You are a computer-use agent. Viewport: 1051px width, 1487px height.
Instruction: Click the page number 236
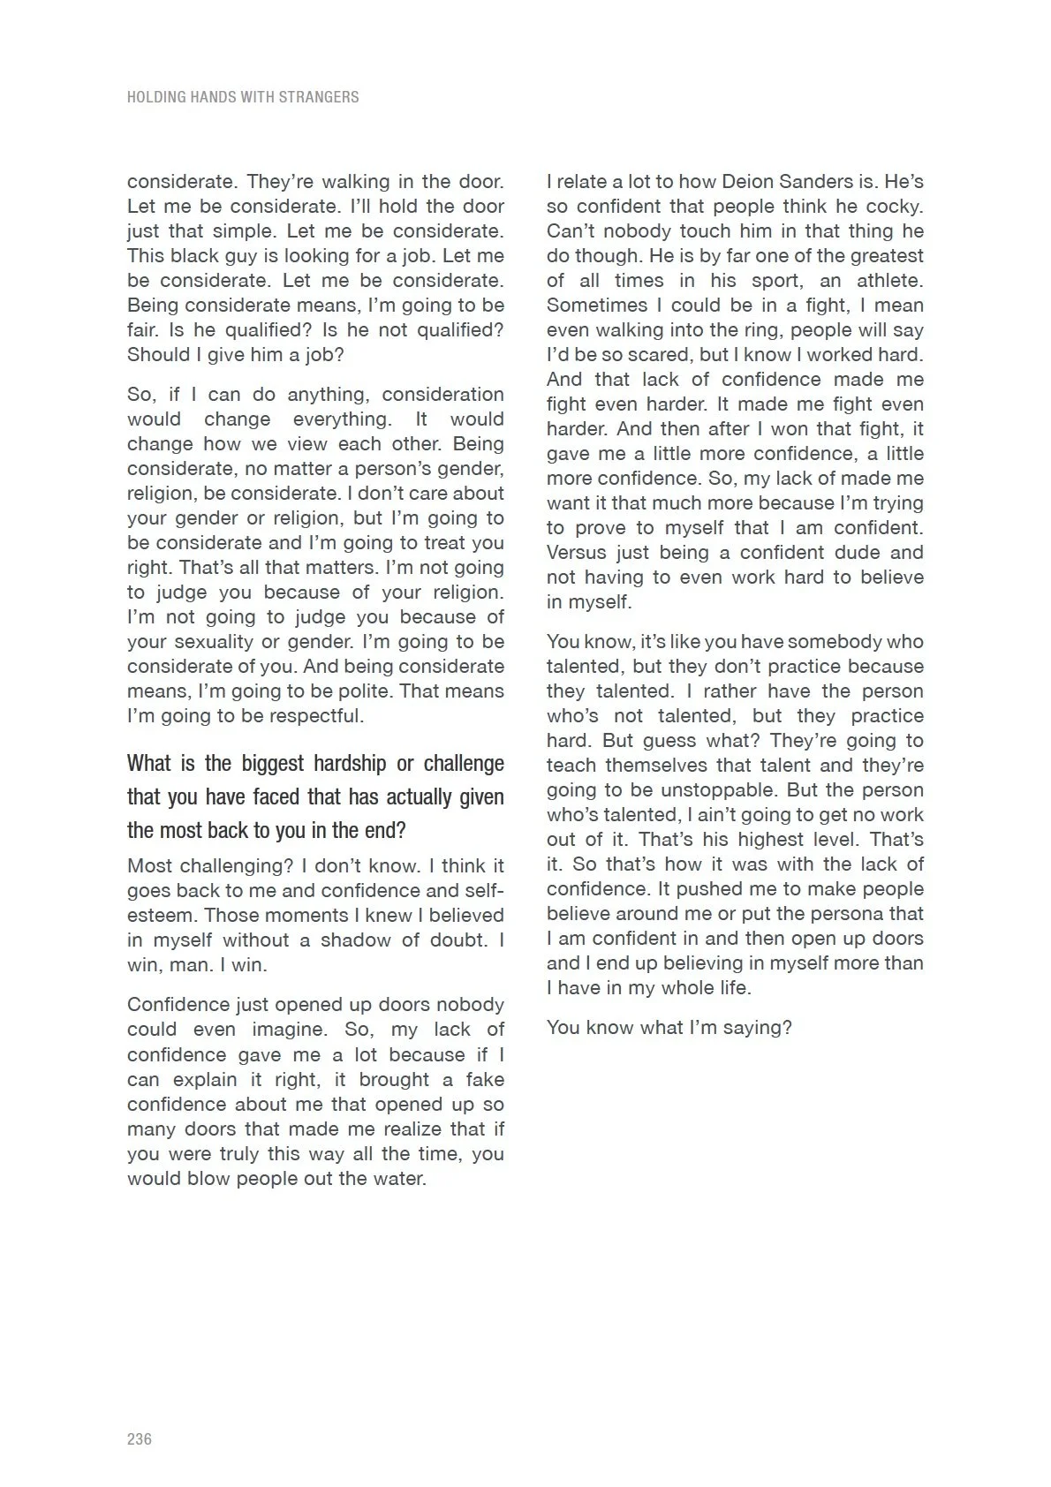(x=140, y=1438)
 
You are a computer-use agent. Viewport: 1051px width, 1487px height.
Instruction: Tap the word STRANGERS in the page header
(x=319, y=97)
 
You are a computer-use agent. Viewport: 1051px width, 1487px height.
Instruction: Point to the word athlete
(x=889, y=281)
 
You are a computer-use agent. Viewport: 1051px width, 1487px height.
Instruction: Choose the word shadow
(x=358, y=940)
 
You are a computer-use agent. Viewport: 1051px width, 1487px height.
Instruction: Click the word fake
(x=484, y=1079)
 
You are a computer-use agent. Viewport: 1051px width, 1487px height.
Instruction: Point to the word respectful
(x=315, y=715)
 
